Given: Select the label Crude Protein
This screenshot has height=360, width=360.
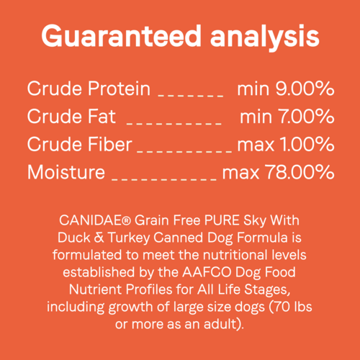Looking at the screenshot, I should [89, 89].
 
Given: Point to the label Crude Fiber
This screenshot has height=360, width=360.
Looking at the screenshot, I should [79, 145].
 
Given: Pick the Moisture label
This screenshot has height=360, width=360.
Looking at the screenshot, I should [66, 173].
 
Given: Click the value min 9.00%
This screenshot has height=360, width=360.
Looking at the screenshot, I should [285, 89].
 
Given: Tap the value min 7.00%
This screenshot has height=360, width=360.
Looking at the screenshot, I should [287, 117].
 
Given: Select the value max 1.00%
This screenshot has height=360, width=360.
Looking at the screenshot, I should [285, 145].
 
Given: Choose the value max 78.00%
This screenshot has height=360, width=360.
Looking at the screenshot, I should [278, 173].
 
